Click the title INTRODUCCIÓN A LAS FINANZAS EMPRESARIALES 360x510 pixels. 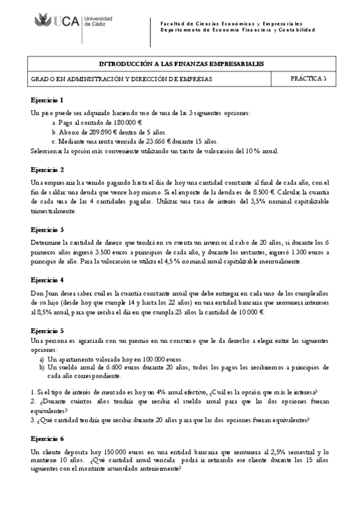tap(180, 63)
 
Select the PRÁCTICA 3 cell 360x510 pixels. tap(308, 78)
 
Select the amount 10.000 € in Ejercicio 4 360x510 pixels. tap(249, 312)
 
